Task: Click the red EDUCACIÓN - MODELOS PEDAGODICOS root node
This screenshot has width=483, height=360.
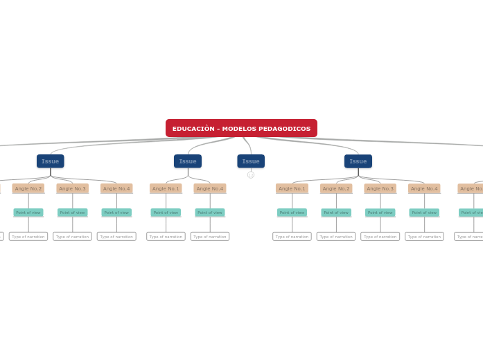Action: pos(241,128)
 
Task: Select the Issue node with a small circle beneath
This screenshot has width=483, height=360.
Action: pos(251,161)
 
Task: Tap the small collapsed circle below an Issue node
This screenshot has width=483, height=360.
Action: pos(251,175)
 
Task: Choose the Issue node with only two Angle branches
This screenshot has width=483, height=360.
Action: pos(188,161)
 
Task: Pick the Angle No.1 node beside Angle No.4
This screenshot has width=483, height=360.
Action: pos(166,188)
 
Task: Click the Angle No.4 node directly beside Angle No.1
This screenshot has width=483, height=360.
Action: pos(210,188)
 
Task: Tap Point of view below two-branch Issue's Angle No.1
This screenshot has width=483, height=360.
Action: pos(166,213)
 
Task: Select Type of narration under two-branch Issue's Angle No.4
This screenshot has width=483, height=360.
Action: pos(210,237)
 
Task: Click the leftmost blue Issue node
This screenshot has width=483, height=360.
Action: pos(51,161)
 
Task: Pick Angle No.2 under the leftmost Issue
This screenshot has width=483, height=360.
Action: pos(28,188)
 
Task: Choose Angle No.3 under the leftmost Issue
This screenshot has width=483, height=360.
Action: pos(73,188)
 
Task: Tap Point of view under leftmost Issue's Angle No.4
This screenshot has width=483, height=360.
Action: pos(116,213)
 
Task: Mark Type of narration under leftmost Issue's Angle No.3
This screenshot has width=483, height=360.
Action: pos(73,237)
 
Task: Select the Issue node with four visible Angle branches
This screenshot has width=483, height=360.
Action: pos(358,161)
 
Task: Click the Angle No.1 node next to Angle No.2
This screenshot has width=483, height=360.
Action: pos(292,188)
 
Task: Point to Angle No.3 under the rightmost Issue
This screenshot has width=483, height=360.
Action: pos(380,188)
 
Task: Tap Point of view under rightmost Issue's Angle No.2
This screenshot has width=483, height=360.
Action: pos(336,213)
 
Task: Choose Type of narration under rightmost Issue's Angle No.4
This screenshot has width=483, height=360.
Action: pos(424,237)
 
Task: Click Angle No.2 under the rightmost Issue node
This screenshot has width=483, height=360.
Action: pos(336,188)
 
